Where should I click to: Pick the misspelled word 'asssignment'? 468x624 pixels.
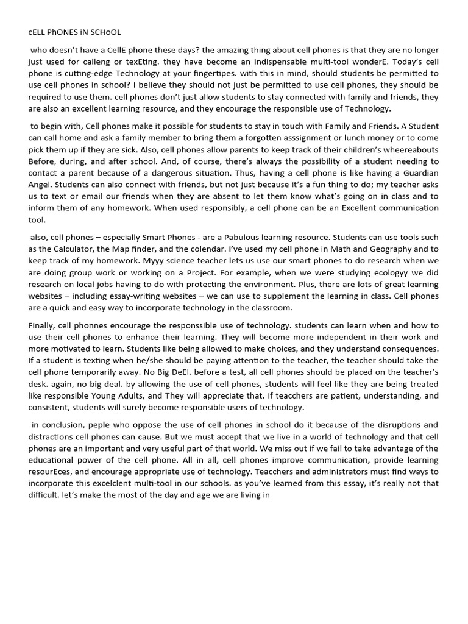coord(275,138)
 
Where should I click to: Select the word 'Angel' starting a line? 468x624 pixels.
coord(40,185)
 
